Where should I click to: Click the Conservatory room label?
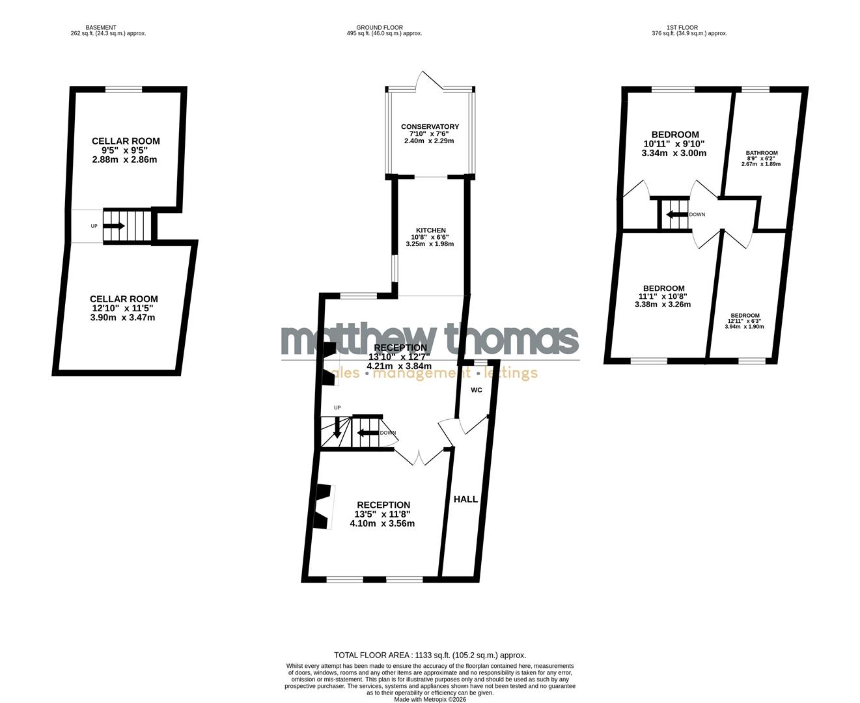(x=430, y=127)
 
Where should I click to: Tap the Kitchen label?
(x=431, y=230)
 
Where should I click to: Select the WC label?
(x=476, y=391)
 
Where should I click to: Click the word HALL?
(x=465, y=499)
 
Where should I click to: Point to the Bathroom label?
(x=761, y=153)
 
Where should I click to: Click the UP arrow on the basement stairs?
(x=114, y=226)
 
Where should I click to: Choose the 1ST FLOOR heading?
(x=682, y=28)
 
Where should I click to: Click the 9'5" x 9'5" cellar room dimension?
(x=126, y=150)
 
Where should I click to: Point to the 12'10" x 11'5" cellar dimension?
(x=124, y=309)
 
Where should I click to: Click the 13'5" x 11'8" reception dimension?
(x=383, y=514)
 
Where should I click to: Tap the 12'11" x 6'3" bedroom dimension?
(x=744, y=321)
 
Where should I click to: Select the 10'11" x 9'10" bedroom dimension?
(x=674, y=144)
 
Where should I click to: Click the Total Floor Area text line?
(x=430, y=655)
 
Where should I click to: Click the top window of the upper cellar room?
(x=124, y=90)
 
